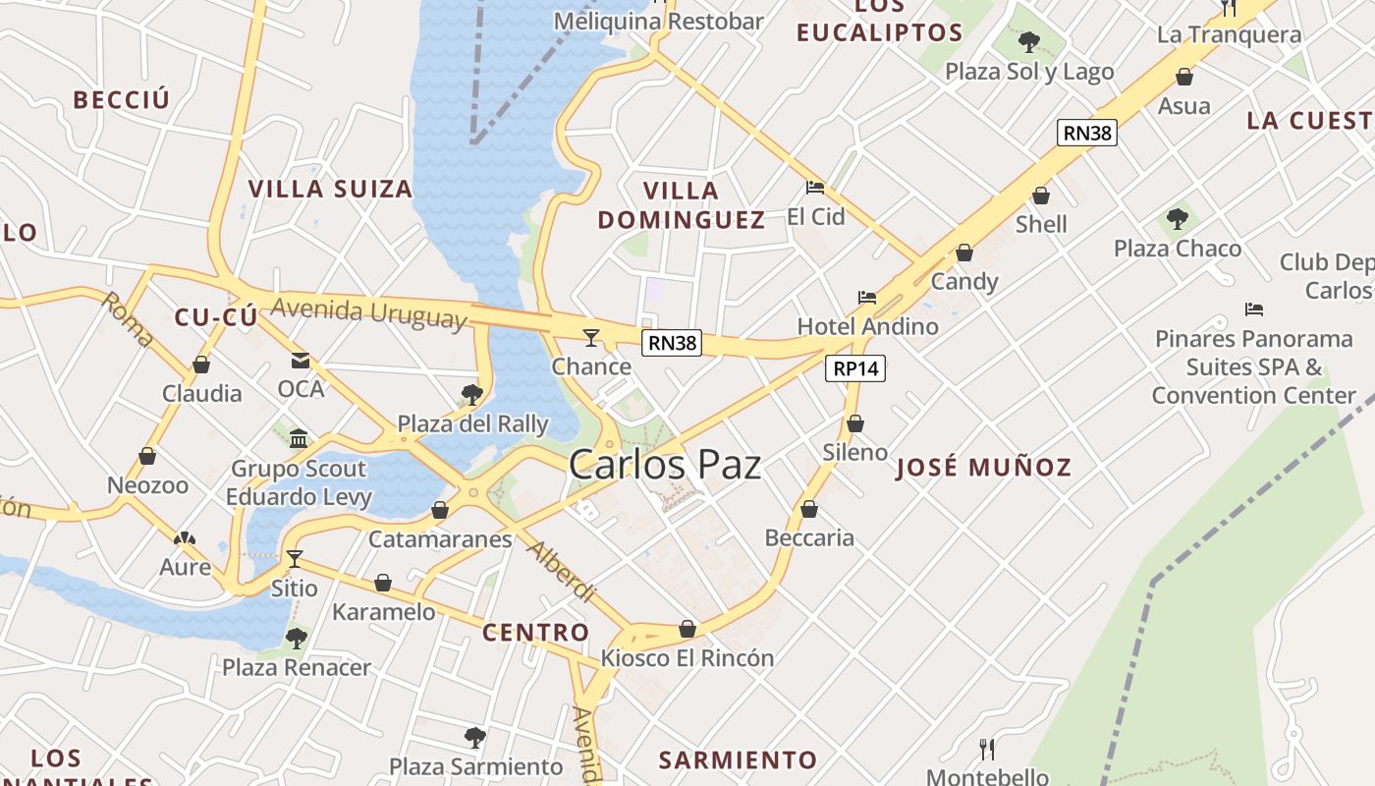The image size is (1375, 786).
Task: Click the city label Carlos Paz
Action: (x=665, y=464)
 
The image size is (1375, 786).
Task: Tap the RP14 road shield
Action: (x=855, y=368)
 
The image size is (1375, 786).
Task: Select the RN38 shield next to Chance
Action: (x=673, y=343)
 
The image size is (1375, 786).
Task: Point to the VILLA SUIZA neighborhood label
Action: (x=330, y=189)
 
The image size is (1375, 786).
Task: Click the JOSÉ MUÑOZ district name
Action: (x=983, y=468)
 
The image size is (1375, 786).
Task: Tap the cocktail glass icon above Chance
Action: (x=590, y=338)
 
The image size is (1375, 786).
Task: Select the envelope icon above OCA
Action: (x=301, y=361)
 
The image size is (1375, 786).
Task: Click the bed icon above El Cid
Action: (x=814, y=187)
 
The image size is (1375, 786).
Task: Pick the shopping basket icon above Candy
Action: (x=964, y=253)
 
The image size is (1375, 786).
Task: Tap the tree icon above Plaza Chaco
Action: (x=1177, y=218)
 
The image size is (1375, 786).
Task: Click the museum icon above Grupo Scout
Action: (x=299, y=438)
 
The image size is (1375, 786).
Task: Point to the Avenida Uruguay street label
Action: (x=368, y=312)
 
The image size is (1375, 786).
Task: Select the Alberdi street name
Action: (x=561, y=571)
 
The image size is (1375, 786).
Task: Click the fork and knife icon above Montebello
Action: (x=987, y=749)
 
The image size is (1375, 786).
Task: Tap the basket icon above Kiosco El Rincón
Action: (x=687, y=629)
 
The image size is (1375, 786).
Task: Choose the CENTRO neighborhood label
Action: (x=535, y=633)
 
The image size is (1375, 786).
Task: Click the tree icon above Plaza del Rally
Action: (x=471, y=395)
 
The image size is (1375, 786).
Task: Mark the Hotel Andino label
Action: (x=867, y=326)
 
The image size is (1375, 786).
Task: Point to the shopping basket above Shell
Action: (x=1041, y=196)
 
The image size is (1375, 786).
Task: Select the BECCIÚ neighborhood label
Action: (x=122, y=99)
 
